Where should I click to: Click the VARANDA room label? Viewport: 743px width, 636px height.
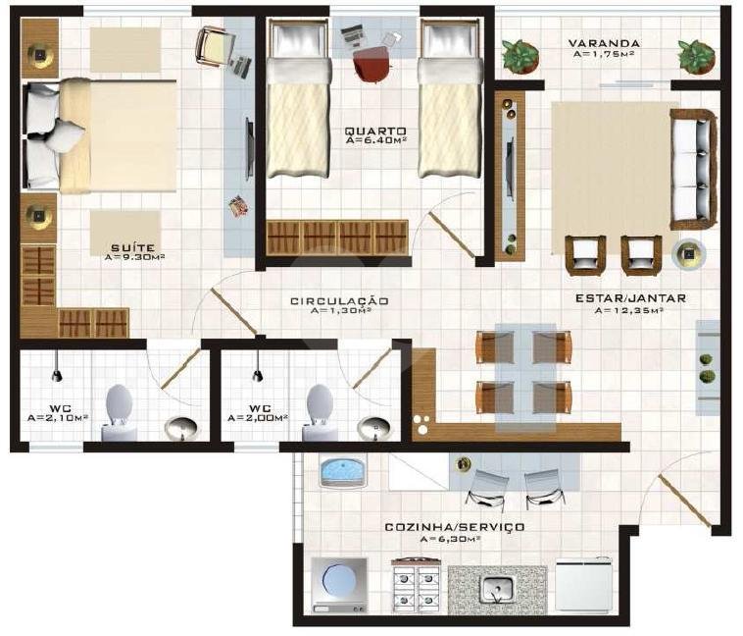point(606,43)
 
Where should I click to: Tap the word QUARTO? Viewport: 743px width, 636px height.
point(375,131)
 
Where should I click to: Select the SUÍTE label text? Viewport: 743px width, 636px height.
point(130,247)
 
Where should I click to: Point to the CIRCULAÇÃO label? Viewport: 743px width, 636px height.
point(339,300)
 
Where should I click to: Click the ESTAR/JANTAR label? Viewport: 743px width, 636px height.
point(630,298)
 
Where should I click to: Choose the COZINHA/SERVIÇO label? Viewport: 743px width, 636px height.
point(454,527)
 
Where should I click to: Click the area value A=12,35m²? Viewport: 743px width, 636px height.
point(630,311)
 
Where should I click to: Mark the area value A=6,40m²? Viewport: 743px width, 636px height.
point(375,141)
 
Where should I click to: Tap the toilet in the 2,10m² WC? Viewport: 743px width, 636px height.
point(119,412)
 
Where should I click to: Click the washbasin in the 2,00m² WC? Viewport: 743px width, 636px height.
point(372,428)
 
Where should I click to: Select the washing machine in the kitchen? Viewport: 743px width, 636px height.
point(339,586)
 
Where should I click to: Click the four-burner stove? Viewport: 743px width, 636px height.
point(415,587)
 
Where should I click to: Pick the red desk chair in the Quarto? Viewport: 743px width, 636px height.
point(371,67)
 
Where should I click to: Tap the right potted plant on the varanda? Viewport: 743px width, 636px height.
point(696,56)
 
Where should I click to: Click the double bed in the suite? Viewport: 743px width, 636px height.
point(103,135)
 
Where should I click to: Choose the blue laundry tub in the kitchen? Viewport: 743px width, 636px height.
point(342,471)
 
